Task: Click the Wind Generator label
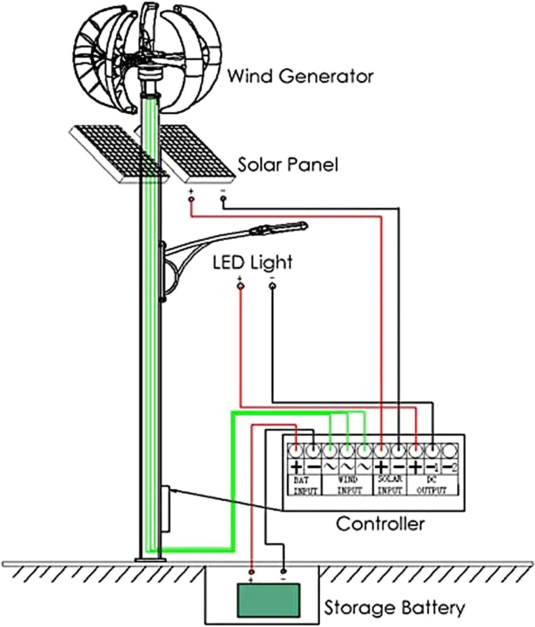coord(300,76)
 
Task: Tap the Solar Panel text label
coord(288,164)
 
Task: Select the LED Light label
coord(252,263)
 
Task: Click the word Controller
coord(380,524)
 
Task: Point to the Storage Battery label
coord(394,607)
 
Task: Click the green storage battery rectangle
coord(269,600)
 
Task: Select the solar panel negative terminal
coord(223,199)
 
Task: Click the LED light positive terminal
coord(240,286)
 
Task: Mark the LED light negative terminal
coord(273,286)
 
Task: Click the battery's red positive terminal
coord(251,571)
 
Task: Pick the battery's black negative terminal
coord(283,571)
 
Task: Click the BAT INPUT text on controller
coord(305,486)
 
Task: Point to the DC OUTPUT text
coord(432,485)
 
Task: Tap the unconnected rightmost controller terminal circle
coord(450,451)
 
